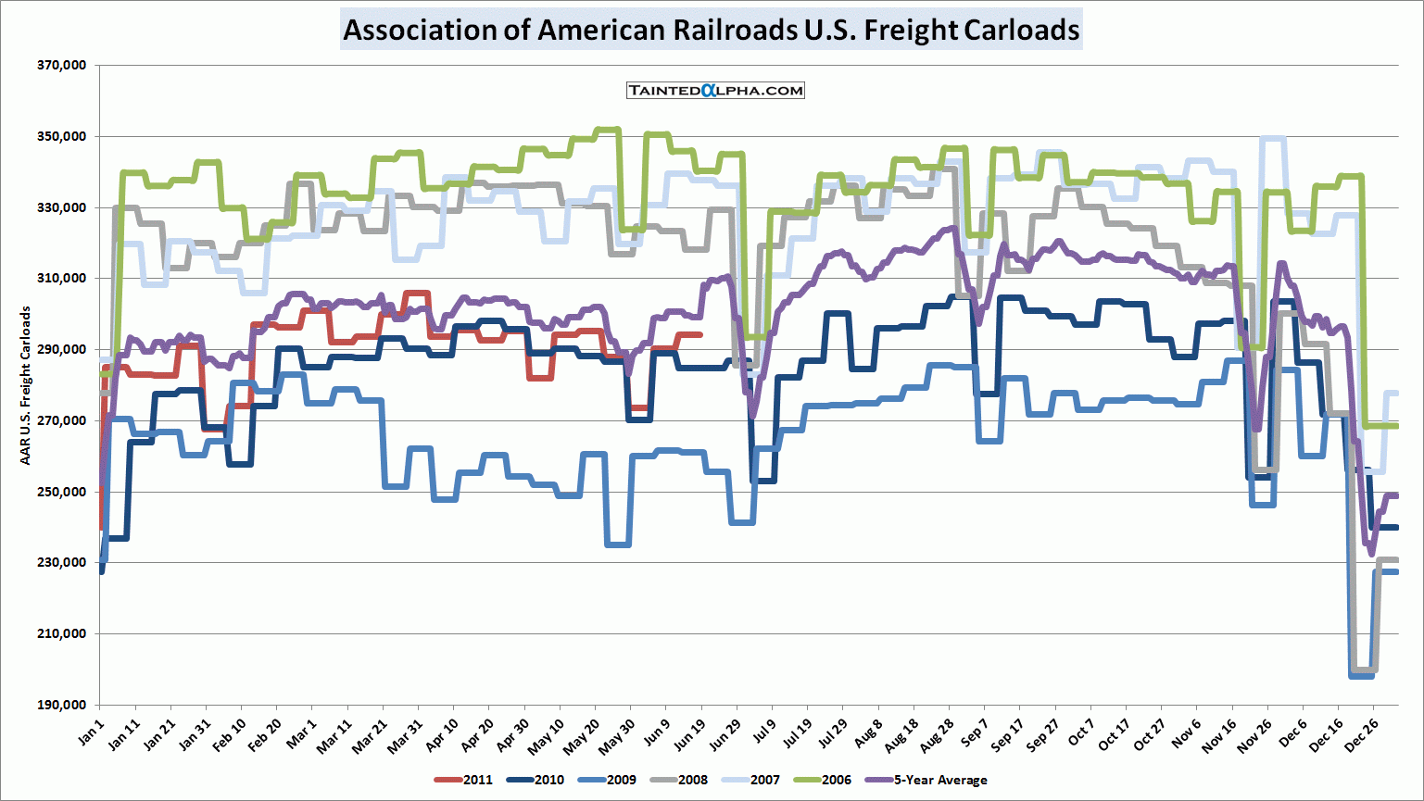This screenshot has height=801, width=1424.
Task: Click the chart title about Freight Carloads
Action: pos(711,30)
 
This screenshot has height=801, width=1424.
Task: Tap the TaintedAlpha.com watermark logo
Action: pos(715,90)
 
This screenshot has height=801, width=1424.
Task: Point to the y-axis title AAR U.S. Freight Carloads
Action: pos(26,385)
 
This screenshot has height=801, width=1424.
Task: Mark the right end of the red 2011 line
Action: pos(700,334)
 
